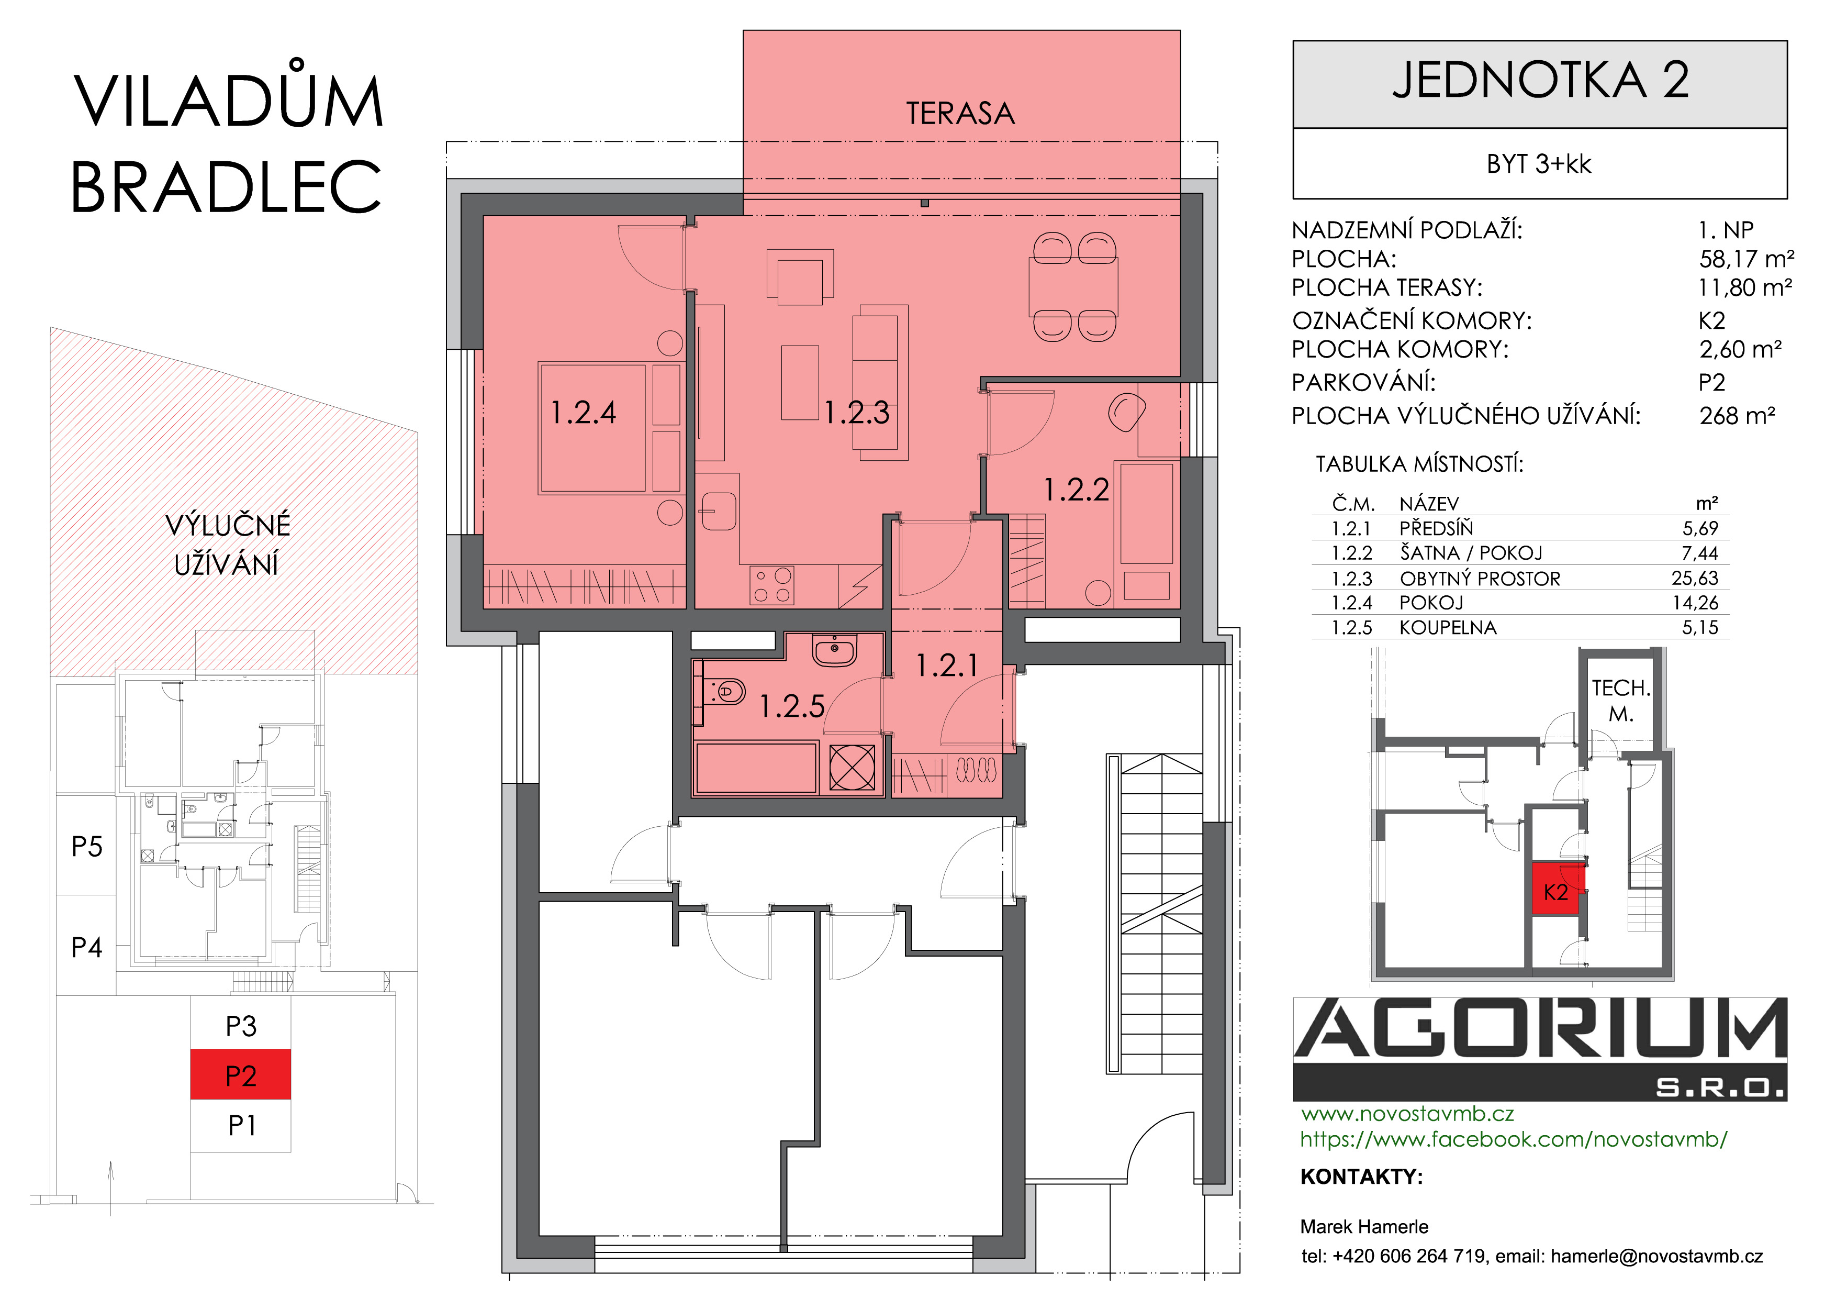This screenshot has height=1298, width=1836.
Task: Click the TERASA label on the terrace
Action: pyautogui.click(x=960, y=114)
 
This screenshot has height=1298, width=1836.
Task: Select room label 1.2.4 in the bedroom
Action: pyautogui.click(x=584, y=413)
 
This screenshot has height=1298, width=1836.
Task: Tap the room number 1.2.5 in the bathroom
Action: pyautogui.click(x=792, y=706)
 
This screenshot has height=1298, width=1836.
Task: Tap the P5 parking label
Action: pyautogui.click(x=87, y=846)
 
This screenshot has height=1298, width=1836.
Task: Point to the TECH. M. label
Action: pyautogui.click(x=1621, y=701)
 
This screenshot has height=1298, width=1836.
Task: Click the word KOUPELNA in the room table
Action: pyautogui.click(x=1447, y=628)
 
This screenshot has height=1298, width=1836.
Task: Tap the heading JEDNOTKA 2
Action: pyautogui.click(x=1540, y=80)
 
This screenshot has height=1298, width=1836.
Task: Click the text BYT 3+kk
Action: pyautogui.click(x=1539, y=164)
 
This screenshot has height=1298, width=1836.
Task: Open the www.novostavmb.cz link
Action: pyautogui.click(x=1407, y=1113)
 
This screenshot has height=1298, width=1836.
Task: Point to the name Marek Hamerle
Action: pyautogui.click(x=1364, y=1227)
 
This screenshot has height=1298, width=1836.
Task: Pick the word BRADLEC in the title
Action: pyautogui.click(x=226, y=186)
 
